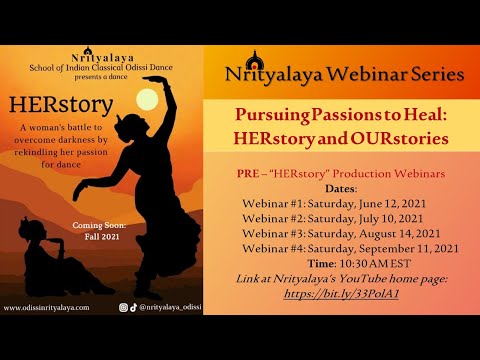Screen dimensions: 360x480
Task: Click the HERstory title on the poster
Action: coord(56,135)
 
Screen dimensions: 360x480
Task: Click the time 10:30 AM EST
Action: coord(381,264)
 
